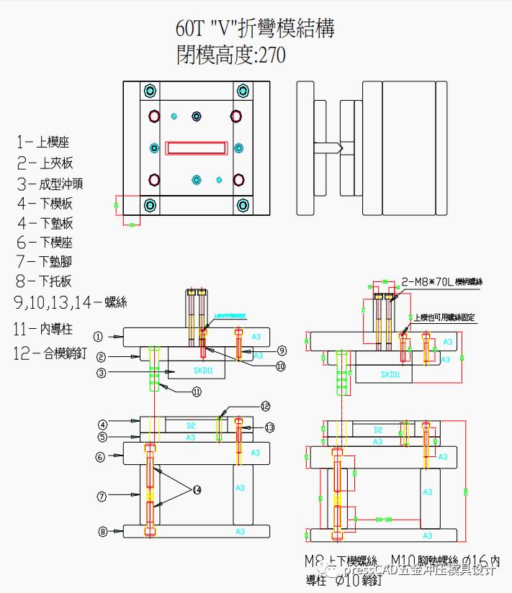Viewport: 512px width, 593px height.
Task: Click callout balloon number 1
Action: tap(99, 336)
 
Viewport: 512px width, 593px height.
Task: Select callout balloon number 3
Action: tap(102, 373)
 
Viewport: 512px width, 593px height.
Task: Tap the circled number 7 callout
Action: tap(102, 495)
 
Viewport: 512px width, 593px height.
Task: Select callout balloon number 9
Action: tap(282, 350)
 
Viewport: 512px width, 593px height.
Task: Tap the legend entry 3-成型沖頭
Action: tap(50, 184)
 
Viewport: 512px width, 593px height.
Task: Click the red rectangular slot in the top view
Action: tap(197, 148)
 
